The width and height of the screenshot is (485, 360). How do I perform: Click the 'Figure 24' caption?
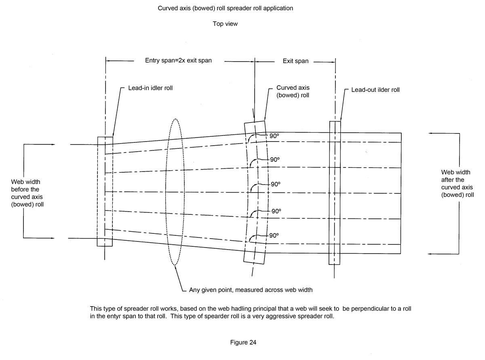pos(243,342)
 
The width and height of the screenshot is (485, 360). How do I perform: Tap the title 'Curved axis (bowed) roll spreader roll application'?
pos(225,8)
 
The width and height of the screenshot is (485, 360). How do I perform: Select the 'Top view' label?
pos(225,24)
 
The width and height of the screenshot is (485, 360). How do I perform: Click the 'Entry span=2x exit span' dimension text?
pos(178,61)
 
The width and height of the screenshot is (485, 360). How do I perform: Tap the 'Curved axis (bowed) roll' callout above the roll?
pos(293,91)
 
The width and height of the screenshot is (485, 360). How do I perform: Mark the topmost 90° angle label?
pos(274,136)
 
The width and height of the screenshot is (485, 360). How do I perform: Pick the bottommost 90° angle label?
pos(274,235)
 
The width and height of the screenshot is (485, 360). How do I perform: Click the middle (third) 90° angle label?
pos(276,184)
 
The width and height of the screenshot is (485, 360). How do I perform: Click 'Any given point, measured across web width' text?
pos(251,290)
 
